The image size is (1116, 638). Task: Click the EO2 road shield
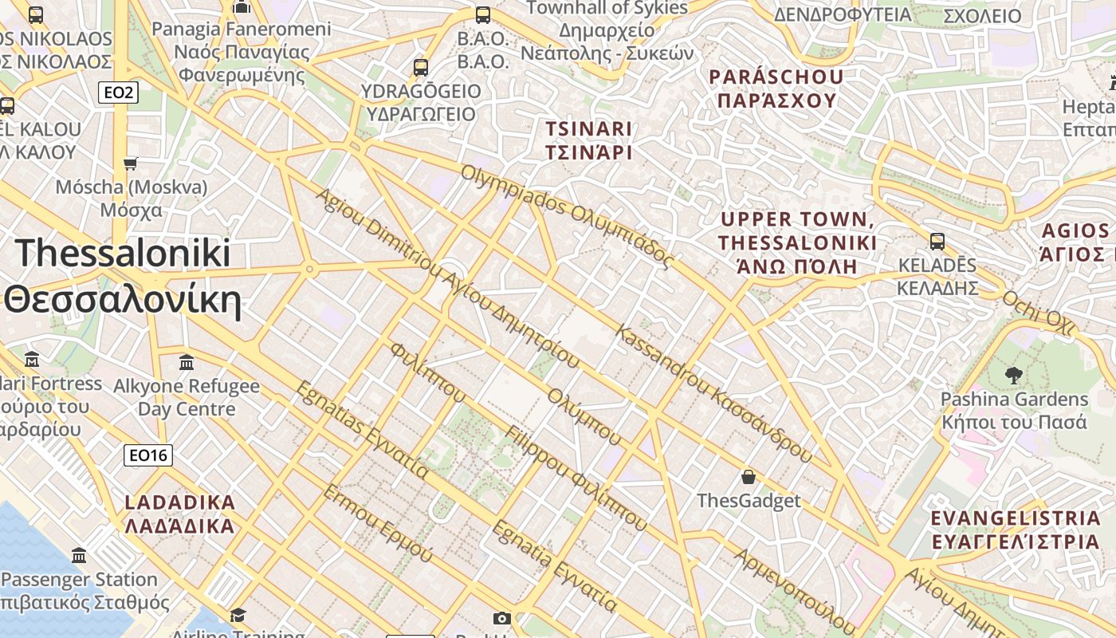(x=119, y=93)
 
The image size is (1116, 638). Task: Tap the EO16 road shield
(x=148, y=455)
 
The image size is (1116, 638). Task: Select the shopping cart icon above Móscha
(x=131, y=163)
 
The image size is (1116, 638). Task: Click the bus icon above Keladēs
(x=937, y=241)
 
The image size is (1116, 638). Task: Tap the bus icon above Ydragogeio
(x=421, y=68)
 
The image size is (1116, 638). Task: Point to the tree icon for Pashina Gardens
(x=1014, y=374)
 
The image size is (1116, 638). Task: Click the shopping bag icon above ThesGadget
(x=748, y=477)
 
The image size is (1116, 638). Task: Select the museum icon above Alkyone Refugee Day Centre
(x=187, y=363)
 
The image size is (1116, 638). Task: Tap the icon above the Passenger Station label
(x=79, y=555)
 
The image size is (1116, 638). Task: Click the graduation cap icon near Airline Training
(x=238, y=615)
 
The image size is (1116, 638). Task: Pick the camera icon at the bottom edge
(x=501, y=618)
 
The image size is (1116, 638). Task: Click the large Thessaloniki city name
(x=124, y=276)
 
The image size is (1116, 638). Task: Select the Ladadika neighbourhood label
(x=180, y=514)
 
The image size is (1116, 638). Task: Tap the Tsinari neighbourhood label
(x=588, y=140)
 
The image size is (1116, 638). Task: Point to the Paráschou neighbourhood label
(x=777, y=89)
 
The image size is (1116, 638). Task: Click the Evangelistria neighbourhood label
(x=1016, y=530)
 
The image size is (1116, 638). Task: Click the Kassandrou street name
(x=713, y=394)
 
